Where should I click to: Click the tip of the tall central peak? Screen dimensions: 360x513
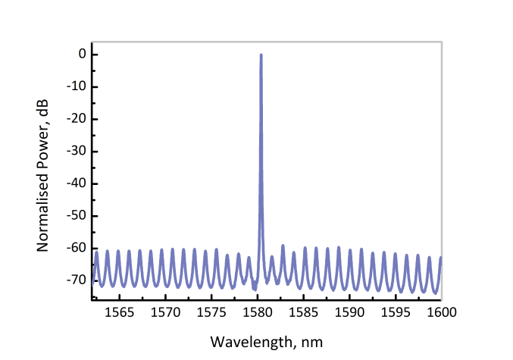[261, 55]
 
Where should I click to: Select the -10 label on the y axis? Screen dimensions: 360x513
[77, 87]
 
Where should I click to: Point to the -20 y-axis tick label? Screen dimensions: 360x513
[77, 119]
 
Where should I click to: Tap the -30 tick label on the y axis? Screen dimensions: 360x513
[77, 152]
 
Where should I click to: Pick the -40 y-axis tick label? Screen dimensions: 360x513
[77, 184]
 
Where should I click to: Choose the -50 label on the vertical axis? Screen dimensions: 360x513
[77, 216]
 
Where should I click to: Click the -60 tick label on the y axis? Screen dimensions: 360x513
[77, 249]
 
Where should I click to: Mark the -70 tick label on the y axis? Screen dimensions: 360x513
[77, 280]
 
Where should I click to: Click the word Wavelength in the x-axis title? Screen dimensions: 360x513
[246, 341]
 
